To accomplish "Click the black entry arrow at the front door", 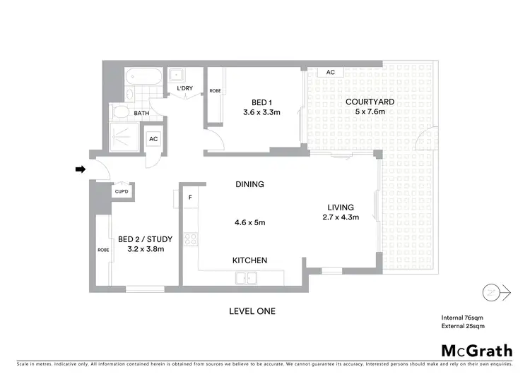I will tap(81, 169).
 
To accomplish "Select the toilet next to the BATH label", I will tap(120, 113).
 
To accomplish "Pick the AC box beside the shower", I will tap(153, 139).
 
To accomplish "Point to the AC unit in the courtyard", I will tap(330, 72).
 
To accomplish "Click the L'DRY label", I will tap(185, 88).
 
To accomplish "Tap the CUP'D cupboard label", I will tap(122, 191).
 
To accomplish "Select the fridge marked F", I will tap(190, 197).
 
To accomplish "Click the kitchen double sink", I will tap(247, 279).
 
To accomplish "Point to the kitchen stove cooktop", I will tap(189, 240).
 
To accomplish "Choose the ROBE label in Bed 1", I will tap(215, 90).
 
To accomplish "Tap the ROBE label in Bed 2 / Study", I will tap(102, 250).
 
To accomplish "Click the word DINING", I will tap(249, 184).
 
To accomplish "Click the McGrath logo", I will tap(478, 351).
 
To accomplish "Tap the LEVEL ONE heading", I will tap(252, 311).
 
